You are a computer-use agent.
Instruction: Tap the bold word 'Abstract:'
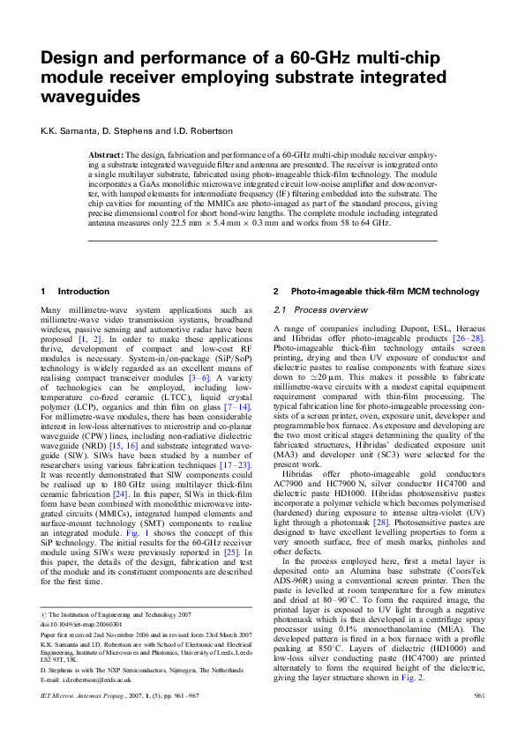coord(108,154)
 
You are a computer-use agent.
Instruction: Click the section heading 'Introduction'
coord(84,291)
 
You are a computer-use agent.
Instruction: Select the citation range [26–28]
coord(463,338)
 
